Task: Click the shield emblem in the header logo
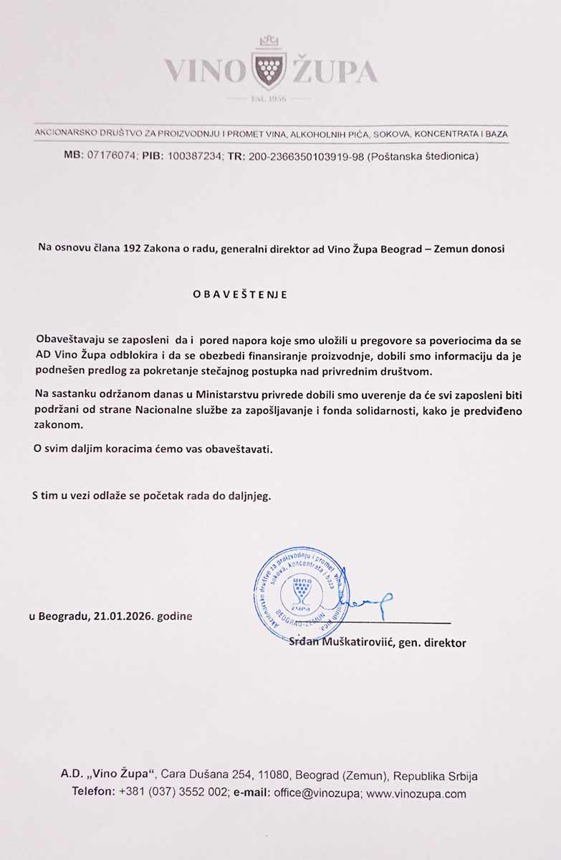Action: [269, 69]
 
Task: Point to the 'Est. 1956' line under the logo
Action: [269, 98]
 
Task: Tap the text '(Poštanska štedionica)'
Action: [422, 156]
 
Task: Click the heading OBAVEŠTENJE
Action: [240, 295]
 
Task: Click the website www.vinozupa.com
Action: [416, 793]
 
